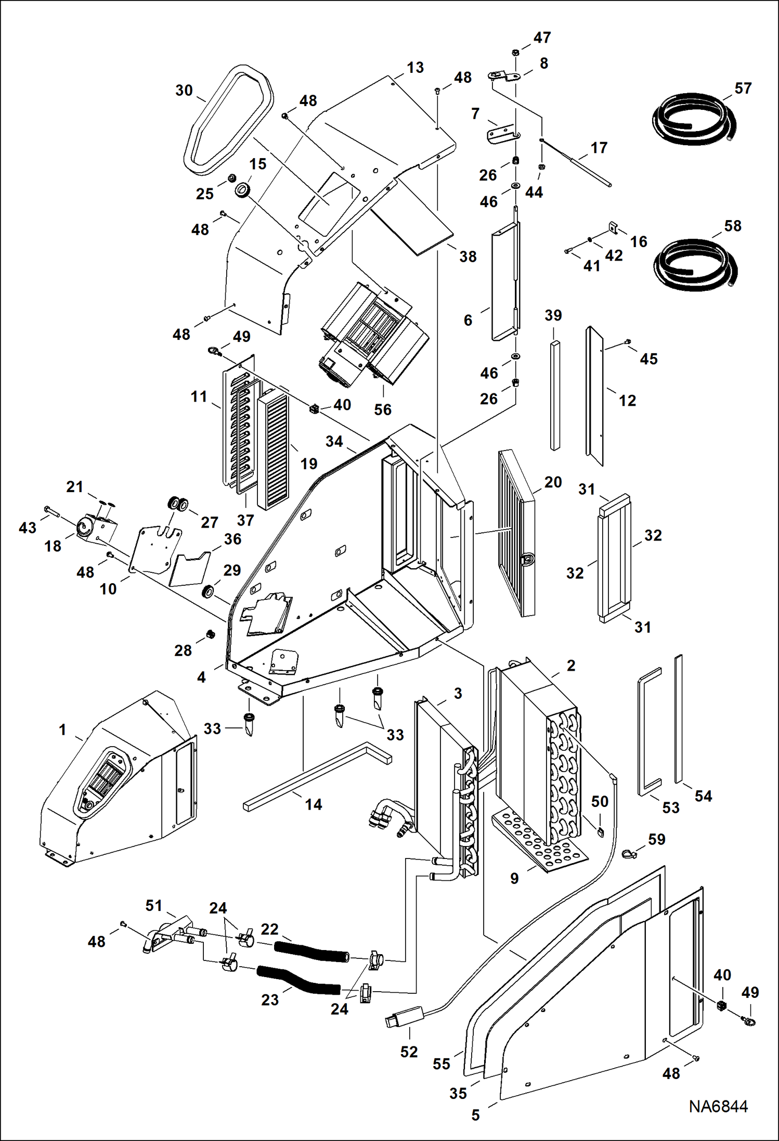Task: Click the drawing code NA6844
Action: pos(718,1107)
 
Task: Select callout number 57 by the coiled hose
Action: pos(743,88)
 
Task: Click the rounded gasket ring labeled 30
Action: pos(227,120)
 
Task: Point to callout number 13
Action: pos(415,68)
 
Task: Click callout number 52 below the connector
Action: pos(409,1052)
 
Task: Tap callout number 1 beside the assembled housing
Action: pos(62,729)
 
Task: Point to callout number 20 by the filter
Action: pos(553,482)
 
